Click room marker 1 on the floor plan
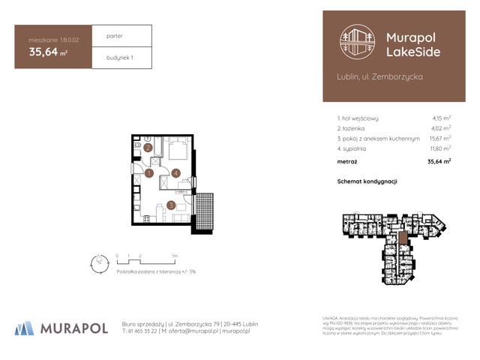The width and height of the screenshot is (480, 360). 149,174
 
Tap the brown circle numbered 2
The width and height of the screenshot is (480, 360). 149,148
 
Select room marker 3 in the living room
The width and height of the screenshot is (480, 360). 171,204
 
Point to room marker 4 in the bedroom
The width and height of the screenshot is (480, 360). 175,174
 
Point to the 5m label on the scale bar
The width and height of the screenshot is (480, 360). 175,256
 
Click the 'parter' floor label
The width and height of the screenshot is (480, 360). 115,35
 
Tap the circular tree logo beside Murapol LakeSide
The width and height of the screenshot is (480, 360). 357,43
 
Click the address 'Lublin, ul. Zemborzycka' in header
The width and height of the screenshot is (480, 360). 380,76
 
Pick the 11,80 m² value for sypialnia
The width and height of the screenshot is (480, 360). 440,148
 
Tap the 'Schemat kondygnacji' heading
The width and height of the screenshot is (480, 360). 367,181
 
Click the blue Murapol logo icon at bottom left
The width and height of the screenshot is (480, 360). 25,328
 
